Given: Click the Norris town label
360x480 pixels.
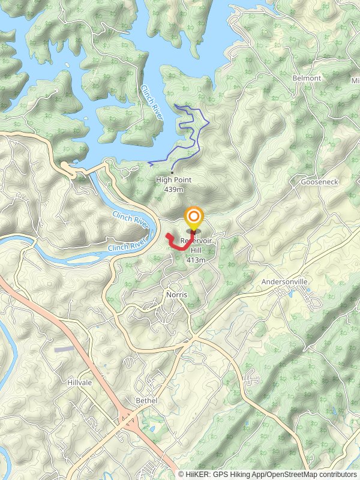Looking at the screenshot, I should [177, 295].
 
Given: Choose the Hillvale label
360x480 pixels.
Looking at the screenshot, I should [79, 382].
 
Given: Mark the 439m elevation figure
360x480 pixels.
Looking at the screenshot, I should [173, 189].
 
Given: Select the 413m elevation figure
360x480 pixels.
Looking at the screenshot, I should [196, 260].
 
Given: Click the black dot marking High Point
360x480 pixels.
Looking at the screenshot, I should [172, 173].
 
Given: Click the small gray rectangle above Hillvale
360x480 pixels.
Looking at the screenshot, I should [64, 349].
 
